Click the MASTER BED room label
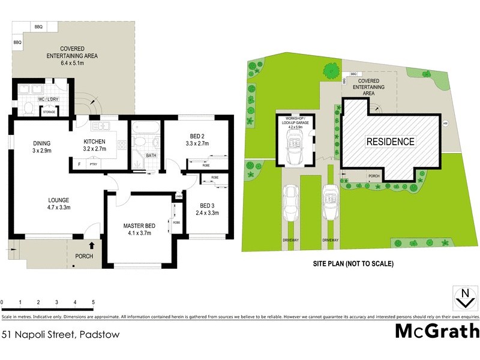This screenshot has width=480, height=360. coord(139,226)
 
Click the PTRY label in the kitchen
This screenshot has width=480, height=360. coord(93,163)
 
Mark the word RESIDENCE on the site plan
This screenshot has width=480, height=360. coord(391,142)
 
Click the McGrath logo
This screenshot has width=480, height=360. coord(437,331)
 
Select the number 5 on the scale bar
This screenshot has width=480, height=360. coord(93,302)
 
